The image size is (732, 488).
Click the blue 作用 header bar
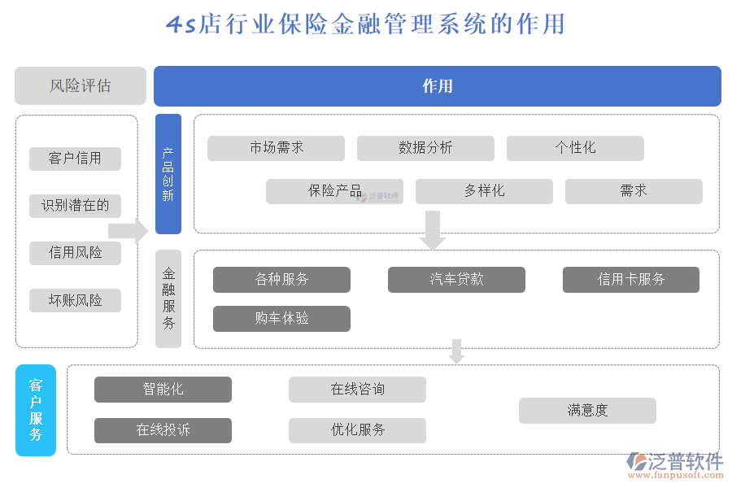437,86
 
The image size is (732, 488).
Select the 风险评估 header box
81,86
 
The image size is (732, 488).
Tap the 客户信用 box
75,159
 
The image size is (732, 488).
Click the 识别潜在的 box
75,206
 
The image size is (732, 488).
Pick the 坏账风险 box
75,301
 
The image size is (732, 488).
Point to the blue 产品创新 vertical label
168,174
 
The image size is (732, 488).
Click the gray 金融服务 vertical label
168,298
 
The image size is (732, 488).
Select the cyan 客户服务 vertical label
36,410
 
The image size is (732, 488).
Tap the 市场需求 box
276,148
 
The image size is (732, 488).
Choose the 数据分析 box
425,148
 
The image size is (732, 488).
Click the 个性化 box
575,148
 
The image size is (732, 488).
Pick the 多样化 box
484,191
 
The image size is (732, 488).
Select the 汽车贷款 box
456,280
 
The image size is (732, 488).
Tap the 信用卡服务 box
630,280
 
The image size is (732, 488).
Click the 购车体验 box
281,319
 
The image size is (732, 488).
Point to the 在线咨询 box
357,390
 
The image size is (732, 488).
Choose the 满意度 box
587,411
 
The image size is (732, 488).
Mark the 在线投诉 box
163,430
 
